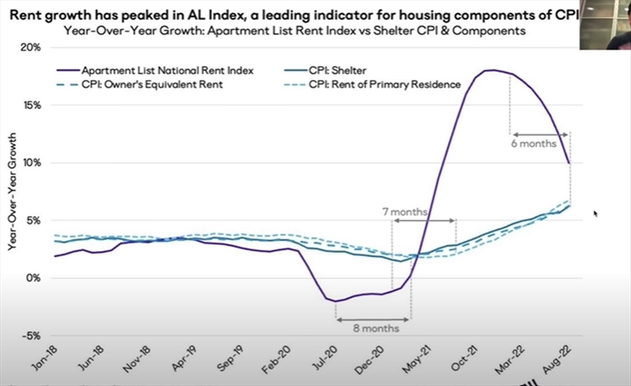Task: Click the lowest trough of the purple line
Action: [x=337, y=301]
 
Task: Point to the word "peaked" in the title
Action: [x=132, y=15]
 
